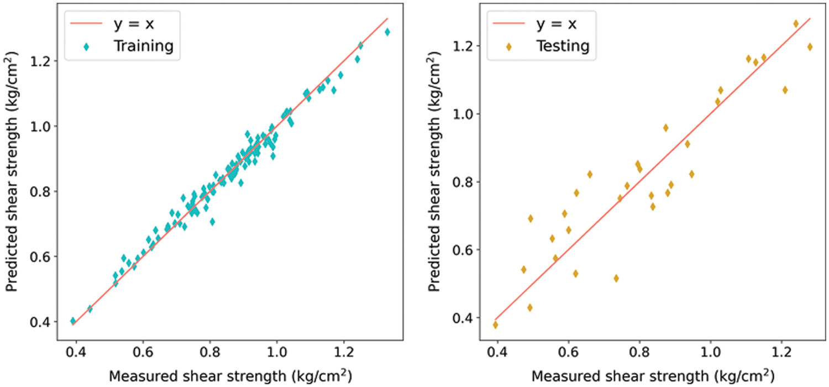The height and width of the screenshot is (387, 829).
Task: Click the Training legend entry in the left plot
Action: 143,46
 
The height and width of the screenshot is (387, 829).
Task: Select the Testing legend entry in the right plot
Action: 563,46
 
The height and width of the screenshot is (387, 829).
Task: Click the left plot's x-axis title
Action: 230,376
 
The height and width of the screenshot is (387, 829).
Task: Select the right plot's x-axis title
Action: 652,376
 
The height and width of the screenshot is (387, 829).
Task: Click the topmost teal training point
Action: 387,32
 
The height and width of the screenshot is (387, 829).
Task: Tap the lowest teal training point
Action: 73,321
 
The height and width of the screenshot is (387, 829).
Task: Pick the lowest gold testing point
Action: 495,325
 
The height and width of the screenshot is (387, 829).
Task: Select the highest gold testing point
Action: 796,24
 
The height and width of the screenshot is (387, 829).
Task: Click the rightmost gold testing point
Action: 810,47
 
